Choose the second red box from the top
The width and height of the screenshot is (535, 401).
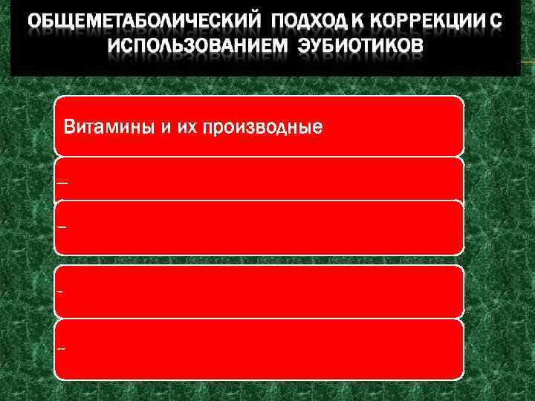pyautogui.click(x=260, y=178)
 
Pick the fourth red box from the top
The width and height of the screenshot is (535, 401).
pyautogui.click(x=260, y=291)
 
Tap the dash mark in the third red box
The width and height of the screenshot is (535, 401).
pyautogui.click(x=61, y=226)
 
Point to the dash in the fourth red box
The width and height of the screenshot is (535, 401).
pyautogui.click(x=59, y=291)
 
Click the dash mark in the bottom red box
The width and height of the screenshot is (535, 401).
pyautogui.click(x=60, y=348)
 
